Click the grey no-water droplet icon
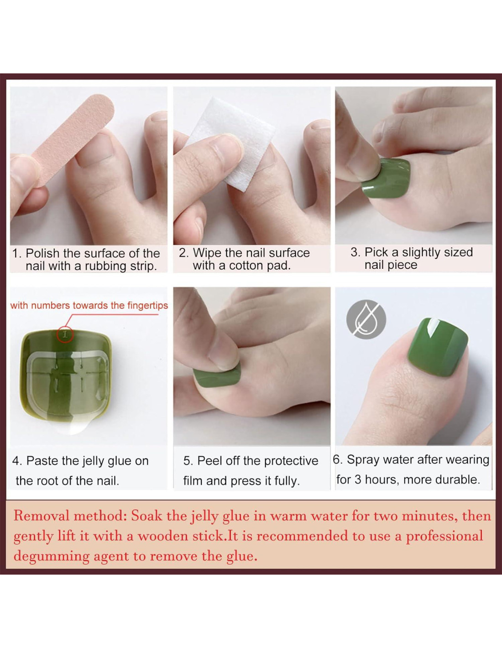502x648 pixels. (x=366, y=319)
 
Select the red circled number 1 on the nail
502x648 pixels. (x=66, y=334)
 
